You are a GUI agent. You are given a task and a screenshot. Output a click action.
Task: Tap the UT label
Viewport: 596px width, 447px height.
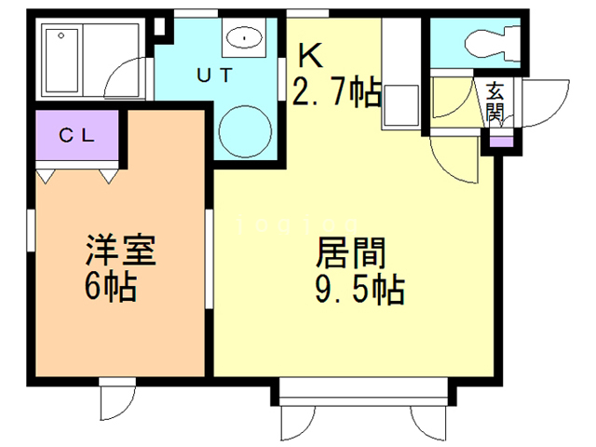pyautogui.click(x=215, y=74)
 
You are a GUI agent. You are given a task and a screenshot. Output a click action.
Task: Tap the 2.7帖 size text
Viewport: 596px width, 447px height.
pyautogui.click(x=336, y=92)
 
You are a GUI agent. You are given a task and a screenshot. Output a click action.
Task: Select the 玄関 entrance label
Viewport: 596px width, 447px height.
pyautogui.click(x=494, y=102)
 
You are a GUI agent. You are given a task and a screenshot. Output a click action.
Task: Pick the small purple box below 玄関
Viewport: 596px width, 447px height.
pyautogui.click(x=500, y=142)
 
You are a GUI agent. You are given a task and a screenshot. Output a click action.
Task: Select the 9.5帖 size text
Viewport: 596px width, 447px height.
pyautogui.click(x=360, y=291)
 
